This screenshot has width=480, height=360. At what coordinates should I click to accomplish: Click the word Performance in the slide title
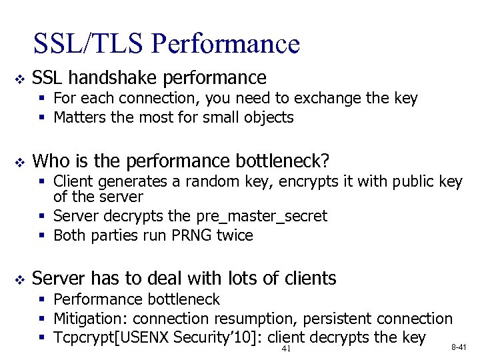(225, 44)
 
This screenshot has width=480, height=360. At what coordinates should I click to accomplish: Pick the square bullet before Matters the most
(43, 119)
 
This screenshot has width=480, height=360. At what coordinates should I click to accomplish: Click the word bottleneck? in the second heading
(283, 161)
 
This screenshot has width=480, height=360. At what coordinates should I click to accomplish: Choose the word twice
(235, 235)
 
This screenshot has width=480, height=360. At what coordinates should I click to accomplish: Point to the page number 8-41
(459, 347)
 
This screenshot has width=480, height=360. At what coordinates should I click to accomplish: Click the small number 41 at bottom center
(287, 349)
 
